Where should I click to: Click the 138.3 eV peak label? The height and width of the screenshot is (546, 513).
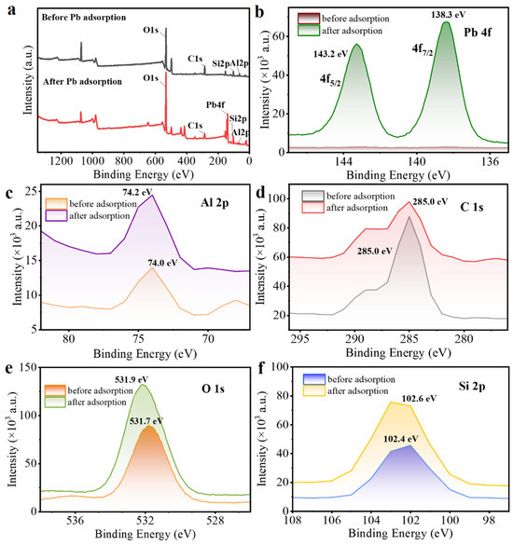click(449, 15)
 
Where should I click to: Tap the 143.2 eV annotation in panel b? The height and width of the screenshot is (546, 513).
click(331, 54)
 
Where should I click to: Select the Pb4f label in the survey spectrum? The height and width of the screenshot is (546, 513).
click(215, 104)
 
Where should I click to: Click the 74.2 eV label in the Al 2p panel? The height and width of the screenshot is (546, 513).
click(137, 192)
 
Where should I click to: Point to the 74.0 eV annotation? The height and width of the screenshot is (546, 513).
click(162, 263)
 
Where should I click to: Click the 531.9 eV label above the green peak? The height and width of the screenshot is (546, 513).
click(132, 379)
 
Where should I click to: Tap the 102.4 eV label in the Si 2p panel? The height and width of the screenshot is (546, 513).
click(401, 439)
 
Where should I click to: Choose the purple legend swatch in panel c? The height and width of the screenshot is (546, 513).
click(56, 216)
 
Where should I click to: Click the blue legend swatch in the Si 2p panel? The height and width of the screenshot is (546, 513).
click(314, 379)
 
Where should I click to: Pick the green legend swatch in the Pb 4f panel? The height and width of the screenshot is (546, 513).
click(309, 31)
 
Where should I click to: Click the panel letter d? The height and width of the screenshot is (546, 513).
click(260, 192)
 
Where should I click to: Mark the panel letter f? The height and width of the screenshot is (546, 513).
click(260, 368)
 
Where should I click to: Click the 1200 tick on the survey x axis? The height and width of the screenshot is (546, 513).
click(62, 161)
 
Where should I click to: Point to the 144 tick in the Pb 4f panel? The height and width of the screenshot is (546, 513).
click(343, 161)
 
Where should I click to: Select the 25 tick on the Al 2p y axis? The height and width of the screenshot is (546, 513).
click(31, 192)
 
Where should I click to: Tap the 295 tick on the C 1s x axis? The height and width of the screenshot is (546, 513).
click(300, 339)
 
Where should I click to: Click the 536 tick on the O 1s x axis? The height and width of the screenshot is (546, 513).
click(76, 521)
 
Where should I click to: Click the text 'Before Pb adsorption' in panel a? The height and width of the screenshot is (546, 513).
click(84, 17)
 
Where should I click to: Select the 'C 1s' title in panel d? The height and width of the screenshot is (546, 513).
click(472, 207)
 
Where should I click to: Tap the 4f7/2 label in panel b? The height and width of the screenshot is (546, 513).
click(423, 49)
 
